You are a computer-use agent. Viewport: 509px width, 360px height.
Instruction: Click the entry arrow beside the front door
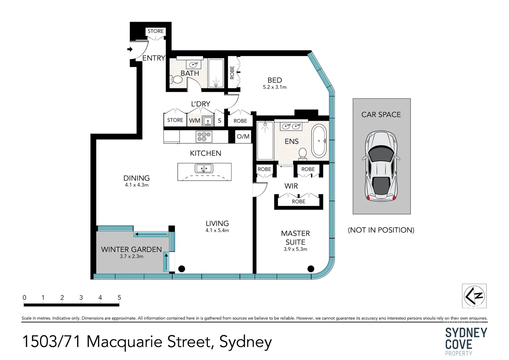pos(130,49)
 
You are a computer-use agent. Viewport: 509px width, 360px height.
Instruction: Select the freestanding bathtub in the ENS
pos(319,141)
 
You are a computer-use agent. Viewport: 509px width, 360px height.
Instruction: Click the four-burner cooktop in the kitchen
pos(204,137)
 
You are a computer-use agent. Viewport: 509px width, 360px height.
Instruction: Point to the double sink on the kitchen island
pos(204,168)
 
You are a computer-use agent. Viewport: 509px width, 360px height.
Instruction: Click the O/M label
pos(243,136)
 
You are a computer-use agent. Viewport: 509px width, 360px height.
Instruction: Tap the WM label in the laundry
pos(195,120)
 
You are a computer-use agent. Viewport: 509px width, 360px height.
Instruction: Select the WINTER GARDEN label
pos(131,249)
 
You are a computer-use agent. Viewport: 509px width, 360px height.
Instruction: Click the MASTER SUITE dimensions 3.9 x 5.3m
pos(295,249)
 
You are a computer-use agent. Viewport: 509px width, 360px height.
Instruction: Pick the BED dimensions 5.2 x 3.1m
pos(275,87)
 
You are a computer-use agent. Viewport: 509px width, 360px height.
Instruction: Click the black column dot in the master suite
pos(311,269)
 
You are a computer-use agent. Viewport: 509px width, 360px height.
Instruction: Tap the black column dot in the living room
pos(182,269)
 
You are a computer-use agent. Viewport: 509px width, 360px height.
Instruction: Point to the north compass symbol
pos(474,296)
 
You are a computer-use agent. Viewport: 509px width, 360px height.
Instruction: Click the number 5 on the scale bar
pos(119,297)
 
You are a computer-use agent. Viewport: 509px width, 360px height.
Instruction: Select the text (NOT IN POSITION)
pos(381,230)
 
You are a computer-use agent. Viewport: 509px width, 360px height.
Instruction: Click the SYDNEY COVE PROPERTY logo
pos(466,341)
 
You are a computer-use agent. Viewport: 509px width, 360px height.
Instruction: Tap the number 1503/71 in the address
pos(51,342)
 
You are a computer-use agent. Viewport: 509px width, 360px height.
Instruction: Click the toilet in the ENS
pos(302,154)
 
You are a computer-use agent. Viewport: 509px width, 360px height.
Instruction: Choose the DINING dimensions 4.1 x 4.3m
pos(137,185)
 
